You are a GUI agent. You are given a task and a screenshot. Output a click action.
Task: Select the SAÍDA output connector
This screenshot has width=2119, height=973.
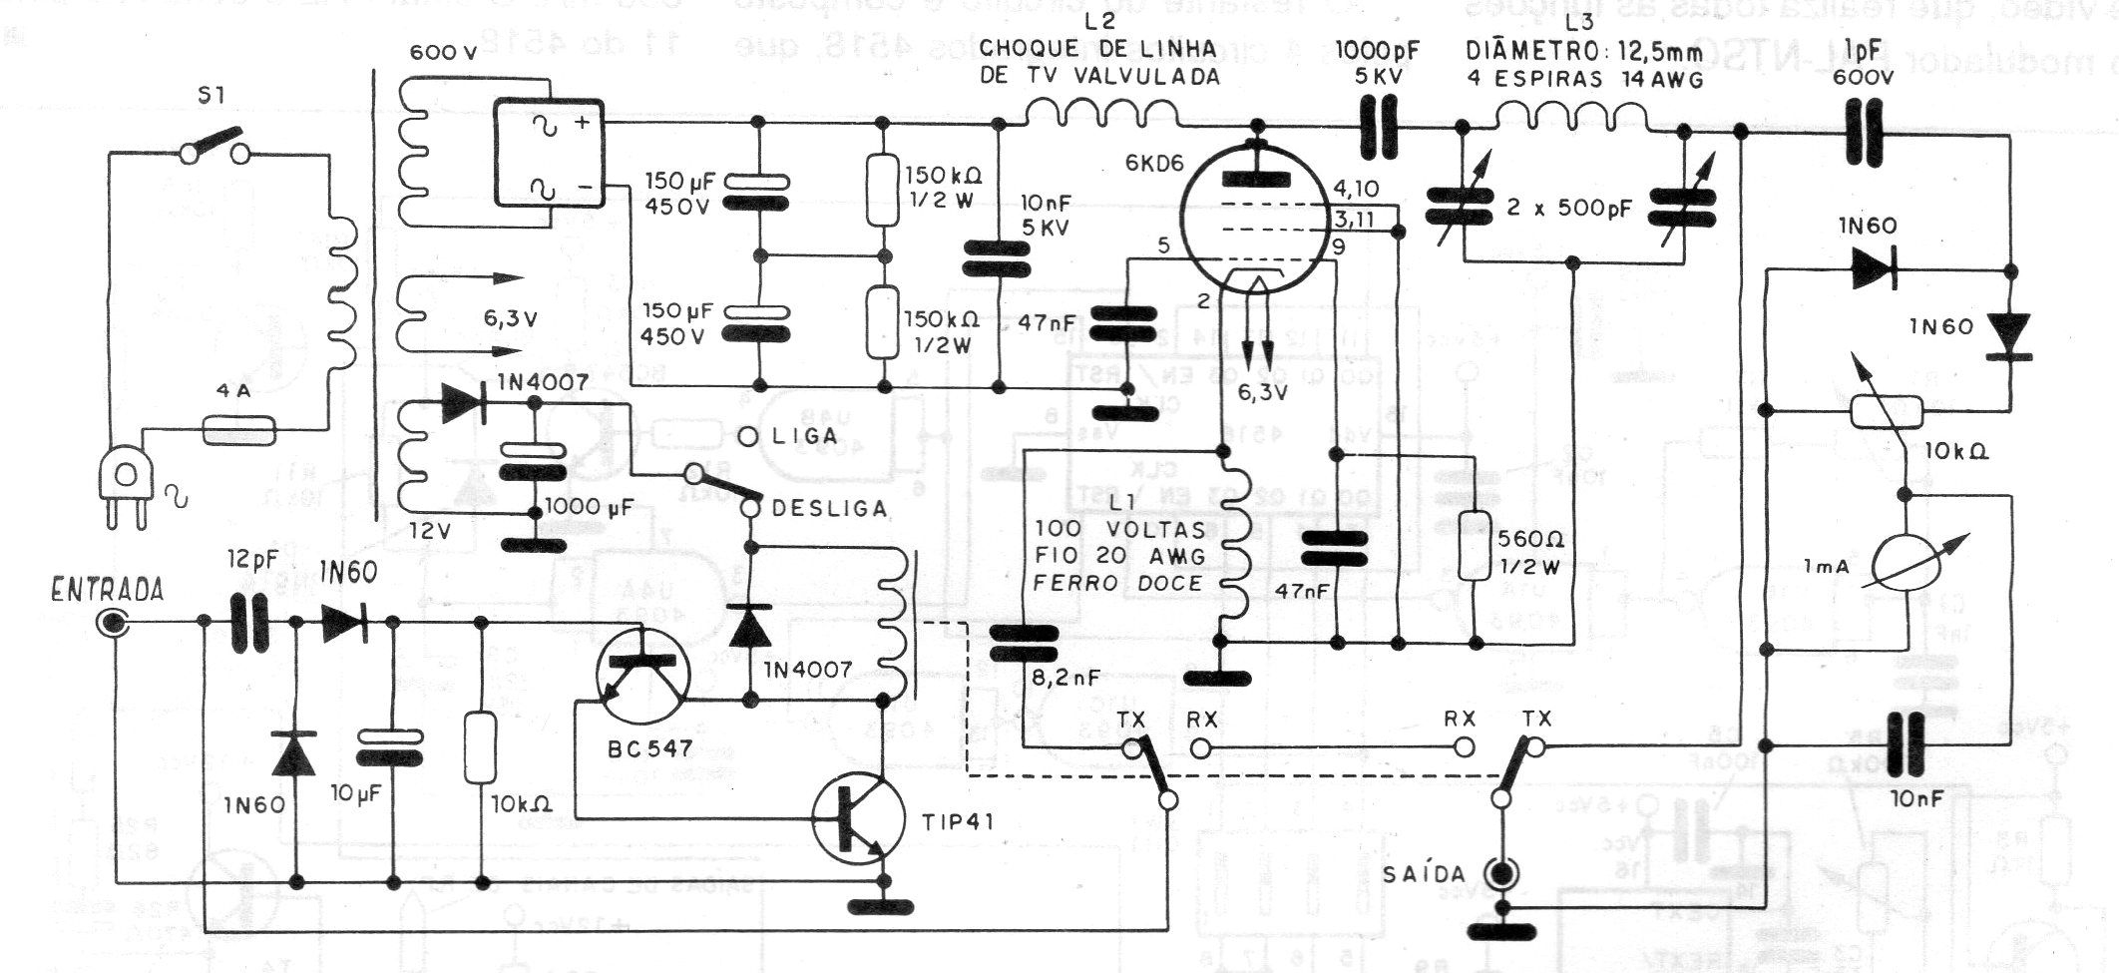(x=1499, y=873)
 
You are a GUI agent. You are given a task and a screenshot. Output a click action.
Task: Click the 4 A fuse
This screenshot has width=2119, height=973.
(x=239, y=430)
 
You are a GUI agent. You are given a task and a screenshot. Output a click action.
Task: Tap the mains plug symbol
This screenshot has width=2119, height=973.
(x=126, y=494)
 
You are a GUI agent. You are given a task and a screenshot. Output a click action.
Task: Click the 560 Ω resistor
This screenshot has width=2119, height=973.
(x=1473, y=546)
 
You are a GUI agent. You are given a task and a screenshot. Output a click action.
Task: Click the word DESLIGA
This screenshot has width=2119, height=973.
(x=828, y=508)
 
